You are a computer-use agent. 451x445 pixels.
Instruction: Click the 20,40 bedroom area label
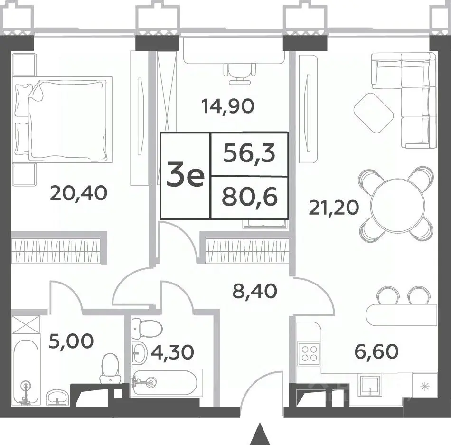click(78, 193)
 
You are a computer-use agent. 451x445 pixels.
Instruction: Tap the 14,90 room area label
click(228, 106)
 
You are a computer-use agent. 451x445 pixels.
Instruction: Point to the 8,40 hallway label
click(254, 291)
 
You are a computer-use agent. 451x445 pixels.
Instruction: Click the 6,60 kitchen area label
click(376, 351)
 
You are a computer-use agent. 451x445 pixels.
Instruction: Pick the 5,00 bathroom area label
click(71, 341)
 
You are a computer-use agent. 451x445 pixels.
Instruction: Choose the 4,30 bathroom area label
click(172, 352)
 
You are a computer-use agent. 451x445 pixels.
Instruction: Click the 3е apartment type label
click(186, 175)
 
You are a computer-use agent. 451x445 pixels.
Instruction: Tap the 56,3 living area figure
click(249, 154)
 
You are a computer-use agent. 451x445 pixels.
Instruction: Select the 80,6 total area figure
click(250, 198)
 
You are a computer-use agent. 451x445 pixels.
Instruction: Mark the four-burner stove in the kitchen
click(309, 353)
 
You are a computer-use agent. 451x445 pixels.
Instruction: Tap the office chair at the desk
click(240, 73)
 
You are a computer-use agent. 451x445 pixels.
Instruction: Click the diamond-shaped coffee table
click(373, 113)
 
